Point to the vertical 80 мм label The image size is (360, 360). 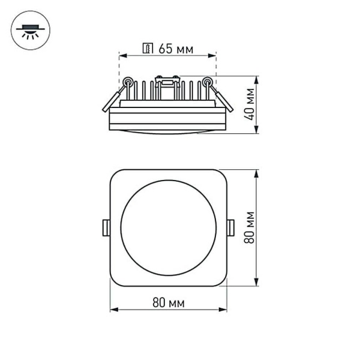[250, 227]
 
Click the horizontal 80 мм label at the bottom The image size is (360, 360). [168, 302]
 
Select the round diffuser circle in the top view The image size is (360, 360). [168, 227]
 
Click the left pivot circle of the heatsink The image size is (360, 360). [127, 81]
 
